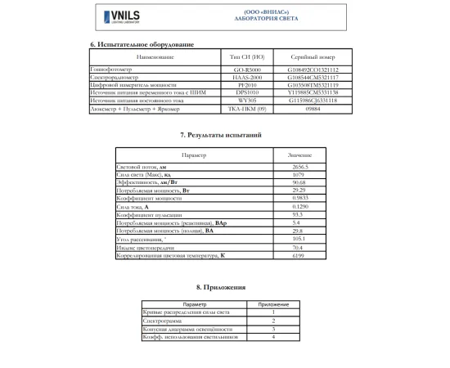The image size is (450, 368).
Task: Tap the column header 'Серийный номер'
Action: click(x=312, y=58)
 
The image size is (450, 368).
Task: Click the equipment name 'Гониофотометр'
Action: click(x=110, y=70)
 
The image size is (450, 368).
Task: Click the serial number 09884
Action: click(x=312, y=107)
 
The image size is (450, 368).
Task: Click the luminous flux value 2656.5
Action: click(x=299, y=166)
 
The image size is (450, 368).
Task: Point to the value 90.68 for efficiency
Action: click(x=299, y=182)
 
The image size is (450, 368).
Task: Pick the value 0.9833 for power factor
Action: click(x=299, y=197)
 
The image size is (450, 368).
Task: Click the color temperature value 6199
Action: click(x=299, y=256)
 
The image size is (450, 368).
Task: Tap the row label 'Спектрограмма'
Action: click(x=160, y=321)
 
